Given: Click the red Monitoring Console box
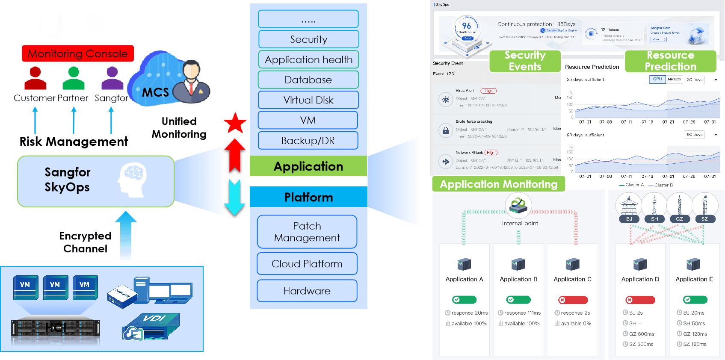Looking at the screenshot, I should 78,53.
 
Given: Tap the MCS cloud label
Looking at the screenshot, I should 155,92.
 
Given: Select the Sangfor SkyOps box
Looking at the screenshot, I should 96,181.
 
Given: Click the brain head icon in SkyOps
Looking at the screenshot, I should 132,180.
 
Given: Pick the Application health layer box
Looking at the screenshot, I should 308,59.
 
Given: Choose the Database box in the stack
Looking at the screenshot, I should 308,80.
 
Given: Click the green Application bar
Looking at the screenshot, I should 308,166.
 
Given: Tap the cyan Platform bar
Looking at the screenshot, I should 308,197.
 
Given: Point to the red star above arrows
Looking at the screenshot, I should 235,124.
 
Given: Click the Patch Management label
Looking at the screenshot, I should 307,232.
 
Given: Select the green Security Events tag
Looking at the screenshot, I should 525,61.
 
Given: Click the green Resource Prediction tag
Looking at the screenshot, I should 670,61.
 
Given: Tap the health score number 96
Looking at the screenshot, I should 467,26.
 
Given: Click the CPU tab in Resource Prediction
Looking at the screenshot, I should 657,79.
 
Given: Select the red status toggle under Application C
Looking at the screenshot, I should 572,300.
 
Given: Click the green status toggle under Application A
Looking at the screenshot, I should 464,300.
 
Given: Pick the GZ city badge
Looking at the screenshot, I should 679,218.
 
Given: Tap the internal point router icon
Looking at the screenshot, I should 518,205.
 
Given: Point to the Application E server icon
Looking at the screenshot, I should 693,264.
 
